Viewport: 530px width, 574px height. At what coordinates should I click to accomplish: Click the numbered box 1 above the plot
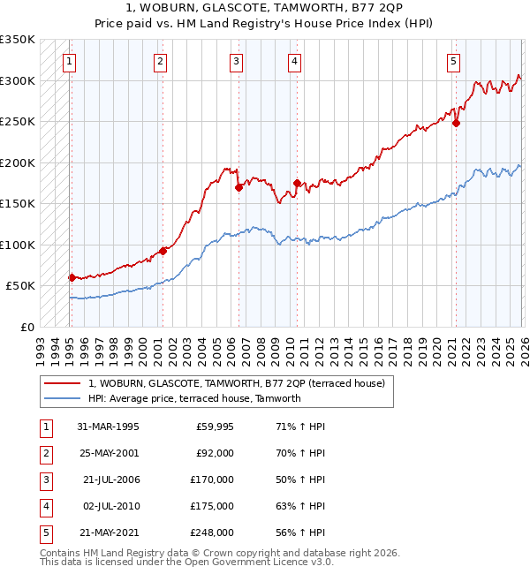tap(69, 62)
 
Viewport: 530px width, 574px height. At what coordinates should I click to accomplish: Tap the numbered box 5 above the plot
tap(452, 62)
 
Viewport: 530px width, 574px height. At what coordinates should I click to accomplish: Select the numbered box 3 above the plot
tap(237, 62)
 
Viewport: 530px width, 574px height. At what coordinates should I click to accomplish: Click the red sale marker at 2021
tap(457, 124)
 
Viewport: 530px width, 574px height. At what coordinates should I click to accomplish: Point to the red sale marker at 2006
tap(239, 187)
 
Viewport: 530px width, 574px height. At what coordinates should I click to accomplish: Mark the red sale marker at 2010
tap(297, 184)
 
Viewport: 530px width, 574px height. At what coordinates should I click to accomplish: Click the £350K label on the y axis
tap(18, 40)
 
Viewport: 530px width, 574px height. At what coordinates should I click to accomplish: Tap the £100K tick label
tap(18, 245)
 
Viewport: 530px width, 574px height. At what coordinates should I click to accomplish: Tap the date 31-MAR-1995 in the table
tap(108, 427)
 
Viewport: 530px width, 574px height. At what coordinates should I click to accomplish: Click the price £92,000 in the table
tap(214, 453)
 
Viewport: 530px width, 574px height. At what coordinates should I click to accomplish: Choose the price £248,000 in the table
tap(212, 532)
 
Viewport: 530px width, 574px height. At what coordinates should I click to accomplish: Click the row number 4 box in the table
tap(45, 506)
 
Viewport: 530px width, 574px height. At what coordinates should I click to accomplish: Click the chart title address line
tap(265, 9)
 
